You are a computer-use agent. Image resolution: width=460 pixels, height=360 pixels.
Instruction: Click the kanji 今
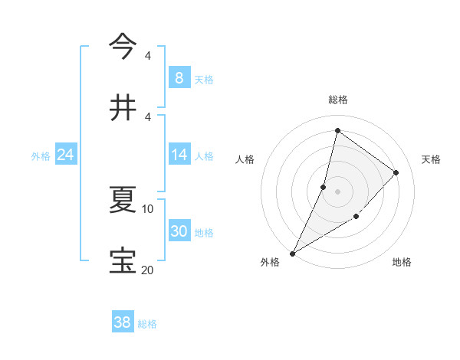[123, 47]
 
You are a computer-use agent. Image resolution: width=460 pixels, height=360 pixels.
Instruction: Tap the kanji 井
[123, 106]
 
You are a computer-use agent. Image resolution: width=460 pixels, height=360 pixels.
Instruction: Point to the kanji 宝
[123, 260]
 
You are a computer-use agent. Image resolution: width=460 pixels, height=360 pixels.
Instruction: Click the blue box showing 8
[179, 77]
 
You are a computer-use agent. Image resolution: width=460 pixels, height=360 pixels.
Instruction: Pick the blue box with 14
[179, 155]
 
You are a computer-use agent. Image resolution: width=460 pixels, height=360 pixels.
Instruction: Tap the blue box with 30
[179, 231]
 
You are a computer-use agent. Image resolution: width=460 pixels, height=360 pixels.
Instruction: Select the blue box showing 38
[123, 322]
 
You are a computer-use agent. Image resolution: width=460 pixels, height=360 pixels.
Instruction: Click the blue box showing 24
[66, 155]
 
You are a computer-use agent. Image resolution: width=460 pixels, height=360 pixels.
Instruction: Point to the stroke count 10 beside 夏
[148, 208]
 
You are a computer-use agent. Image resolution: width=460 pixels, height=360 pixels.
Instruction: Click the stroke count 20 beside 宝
[148, 269]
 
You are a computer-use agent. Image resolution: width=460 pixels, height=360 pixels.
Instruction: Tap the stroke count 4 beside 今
[148, 56]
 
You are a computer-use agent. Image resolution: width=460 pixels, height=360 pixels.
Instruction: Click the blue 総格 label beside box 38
[148, 324]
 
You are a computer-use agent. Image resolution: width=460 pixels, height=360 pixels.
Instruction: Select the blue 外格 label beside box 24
[41, 156]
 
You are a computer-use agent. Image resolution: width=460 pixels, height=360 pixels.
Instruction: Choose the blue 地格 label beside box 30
[205, 233]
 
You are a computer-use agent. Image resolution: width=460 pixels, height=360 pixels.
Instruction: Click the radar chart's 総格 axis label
[338, 100]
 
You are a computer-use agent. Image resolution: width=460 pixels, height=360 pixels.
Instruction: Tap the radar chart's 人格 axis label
[245, 159]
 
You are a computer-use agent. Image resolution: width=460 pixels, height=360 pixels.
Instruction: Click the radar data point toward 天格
[396, 172]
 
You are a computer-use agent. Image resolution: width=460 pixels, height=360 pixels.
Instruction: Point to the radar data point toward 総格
[337, 130]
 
